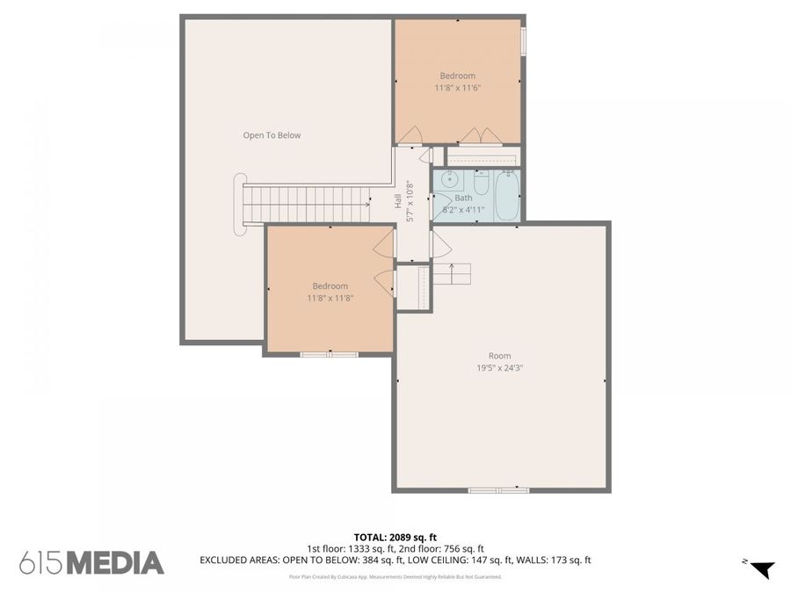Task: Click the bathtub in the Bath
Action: pyautogui.click(x=507, y=195)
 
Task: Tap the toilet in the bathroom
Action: pyautogui.click(x=482, y=185)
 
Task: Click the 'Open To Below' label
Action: pyautogui.click(x=272, y=135)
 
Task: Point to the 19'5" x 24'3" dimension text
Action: pyautogui.click(x=500, y=368)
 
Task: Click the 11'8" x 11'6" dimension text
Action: pyautogui.click(x=457, y=88)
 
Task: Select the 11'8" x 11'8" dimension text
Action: pyautogui.click(x=330, y=298)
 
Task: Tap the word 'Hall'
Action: pyautogui.click(x=398, y=201)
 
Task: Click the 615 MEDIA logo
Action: pyautogui.click(x=91, y=562)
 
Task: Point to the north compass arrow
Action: pyautogui.click(x=761, y=568)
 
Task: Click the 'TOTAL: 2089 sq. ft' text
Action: pyautogui.click(x=395, y=536)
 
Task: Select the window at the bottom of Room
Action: pyautogui.click(x=498, y=489)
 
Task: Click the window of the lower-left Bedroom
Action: pyautogui.click(x=330, y=354)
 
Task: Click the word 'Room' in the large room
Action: pyautogui.click(x=499, y=356)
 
